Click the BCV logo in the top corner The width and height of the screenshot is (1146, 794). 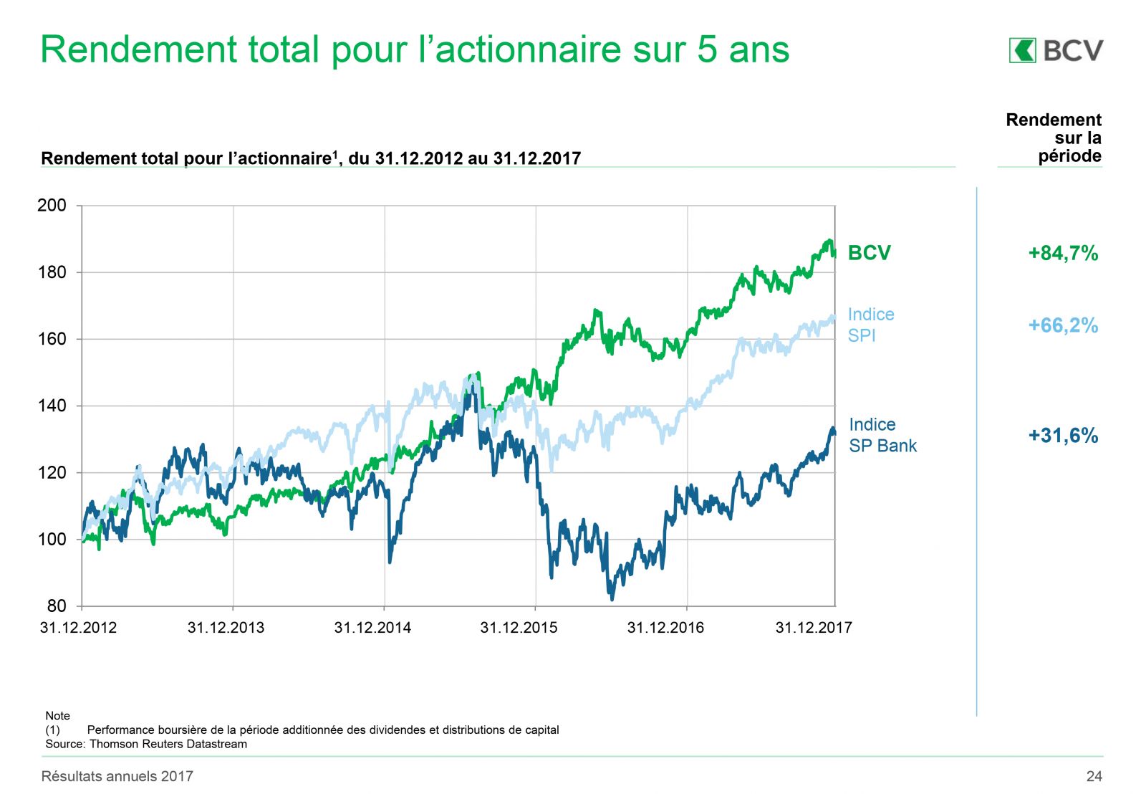pos(1056,50)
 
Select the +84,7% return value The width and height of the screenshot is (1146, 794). pos(1063,253)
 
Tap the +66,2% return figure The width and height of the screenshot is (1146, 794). pos(1063,325)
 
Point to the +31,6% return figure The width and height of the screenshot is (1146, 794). pos(1063,436)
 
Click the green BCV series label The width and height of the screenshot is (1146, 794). pos(869,253)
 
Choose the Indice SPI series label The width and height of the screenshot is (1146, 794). pos(870,325)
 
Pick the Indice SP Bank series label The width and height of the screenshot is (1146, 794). pos(882,435)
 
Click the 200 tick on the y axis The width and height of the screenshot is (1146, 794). pos(52,206)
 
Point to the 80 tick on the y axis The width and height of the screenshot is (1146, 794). pos(56,606)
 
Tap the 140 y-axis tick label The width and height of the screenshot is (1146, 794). pos(52,406)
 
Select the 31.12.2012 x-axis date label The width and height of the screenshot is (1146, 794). pos(78,628)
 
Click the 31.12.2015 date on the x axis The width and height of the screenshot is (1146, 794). pos(519,628)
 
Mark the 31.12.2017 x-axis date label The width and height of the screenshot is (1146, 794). pos(814,628)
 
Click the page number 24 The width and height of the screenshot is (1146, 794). pos(1094,776)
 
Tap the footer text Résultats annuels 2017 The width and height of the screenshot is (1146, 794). pos(117,776)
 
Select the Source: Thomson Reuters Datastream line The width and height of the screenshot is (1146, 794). pos(146,744)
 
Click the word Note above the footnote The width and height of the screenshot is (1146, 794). pos(57,716)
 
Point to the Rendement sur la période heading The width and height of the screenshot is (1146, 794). pos(1054,138)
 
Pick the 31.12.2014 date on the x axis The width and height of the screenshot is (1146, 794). pos(372,628)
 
